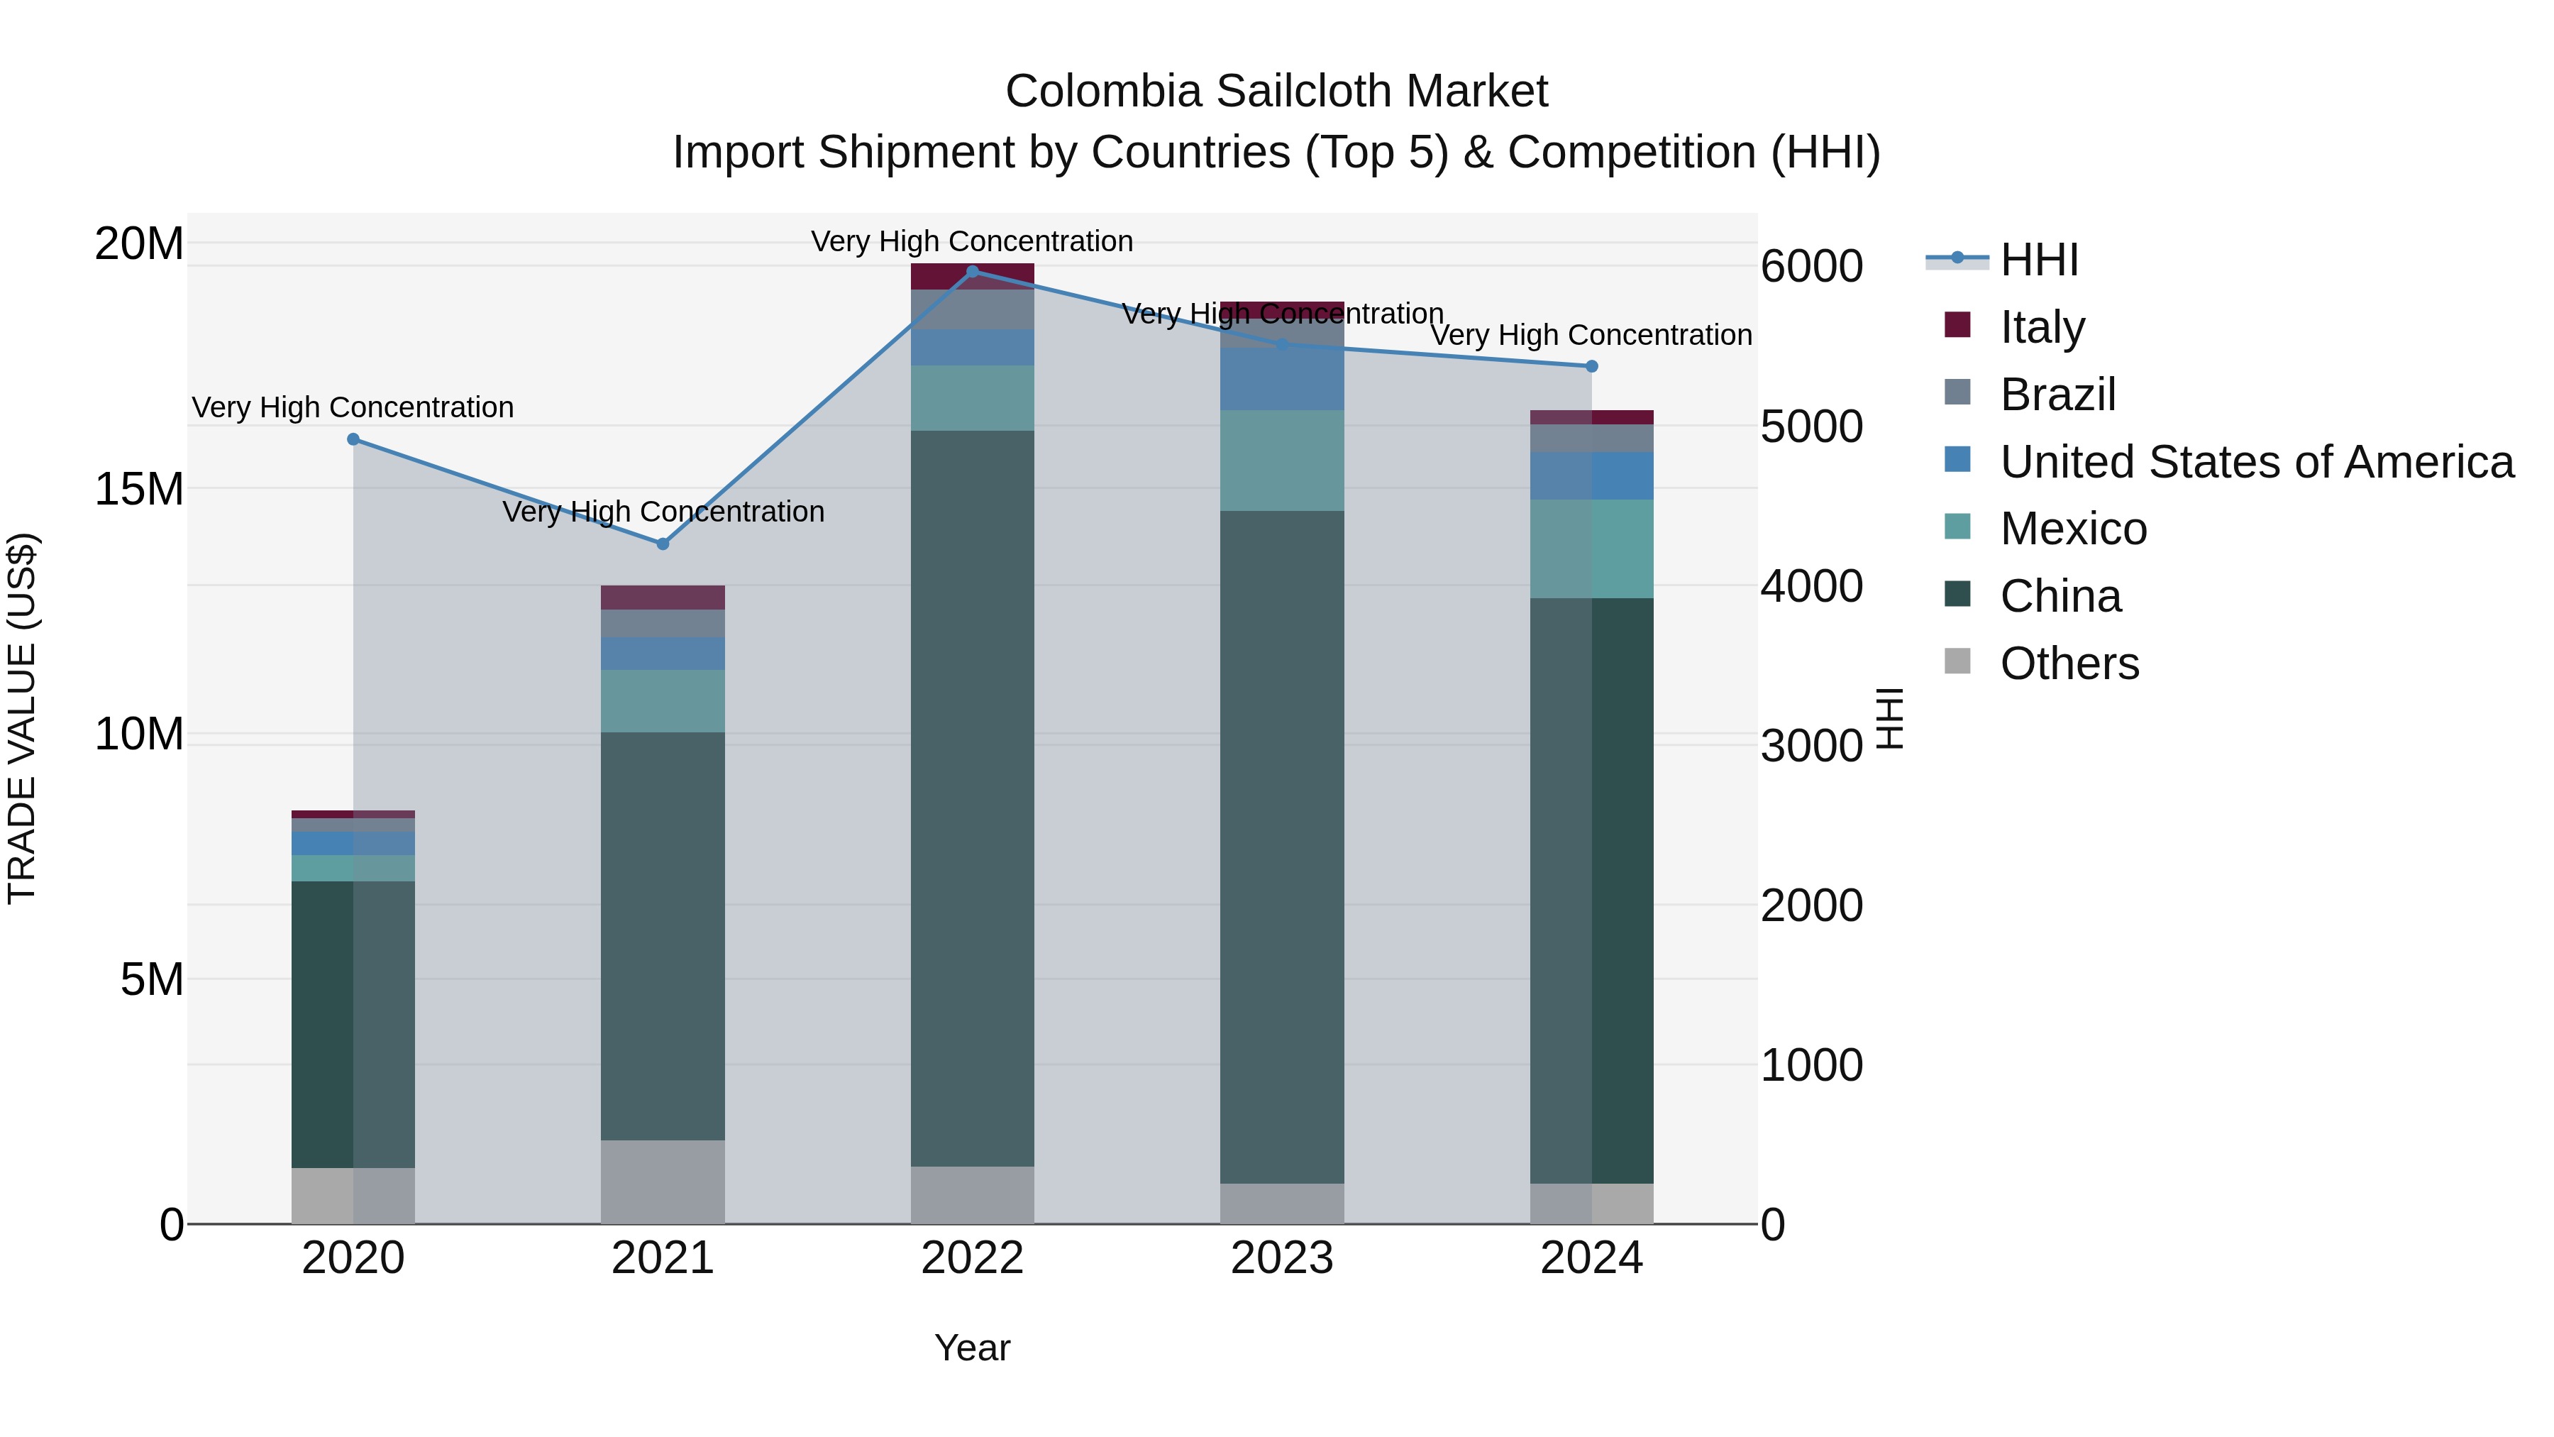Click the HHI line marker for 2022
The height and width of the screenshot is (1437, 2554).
[x=972, y=271]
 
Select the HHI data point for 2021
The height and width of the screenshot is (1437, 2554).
[x=663, y=544]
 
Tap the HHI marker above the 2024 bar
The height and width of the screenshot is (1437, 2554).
[x=1591, y=366]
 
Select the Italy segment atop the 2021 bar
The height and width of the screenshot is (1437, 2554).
[x=663, y=597]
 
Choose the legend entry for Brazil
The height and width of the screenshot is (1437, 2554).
[x=2057, y=395]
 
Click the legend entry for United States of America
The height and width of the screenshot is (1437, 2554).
[x=2255, y=462]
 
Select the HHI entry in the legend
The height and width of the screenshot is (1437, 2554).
[x=2038, y=260]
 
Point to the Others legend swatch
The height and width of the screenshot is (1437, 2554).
[x=1957, y=661]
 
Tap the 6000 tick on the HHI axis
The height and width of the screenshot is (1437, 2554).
[x=1811, y=267]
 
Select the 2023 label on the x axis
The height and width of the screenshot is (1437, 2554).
[x=1281, y=1258]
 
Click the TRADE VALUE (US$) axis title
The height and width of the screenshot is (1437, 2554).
[x=22, y=718]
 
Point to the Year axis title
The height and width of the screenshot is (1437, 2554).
[x=972, y=1348]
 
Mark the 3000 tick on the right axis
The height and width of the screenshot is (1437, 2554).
[x=1811, y=746]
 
